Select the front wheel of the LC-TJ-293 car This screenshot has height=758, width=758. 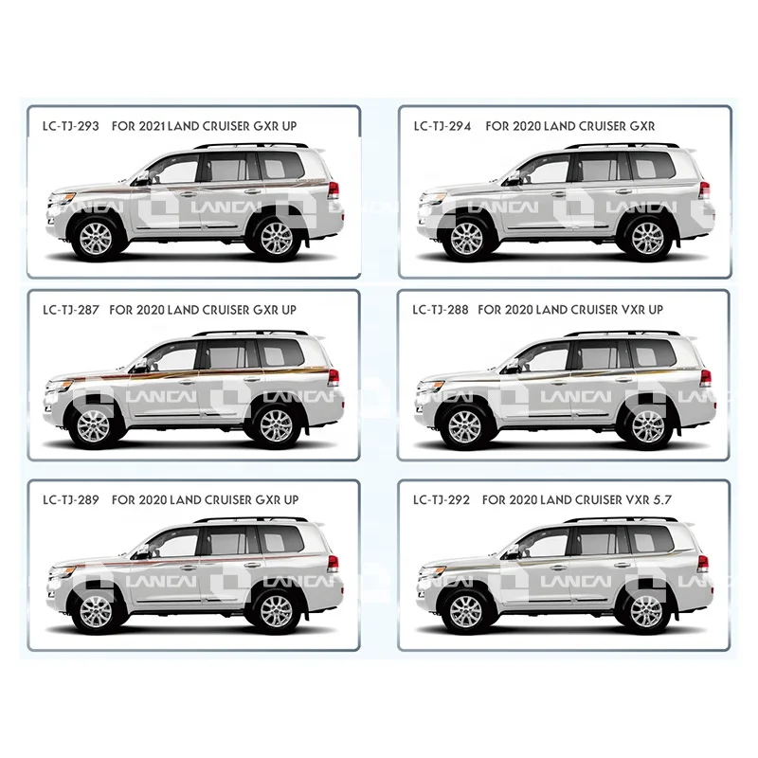point(96,237)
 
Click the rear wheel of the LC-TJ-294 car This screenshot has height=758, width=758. point(648,237)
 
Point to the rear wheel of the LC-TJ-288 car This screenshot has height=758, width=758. point(648,425)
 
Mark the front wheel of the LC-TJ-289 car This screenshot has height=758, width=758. point(96,611)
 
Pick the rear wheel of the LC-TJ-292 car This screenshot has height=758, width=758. point(648,611)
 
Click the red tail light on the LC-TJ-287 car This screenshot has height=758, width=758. point(334,378)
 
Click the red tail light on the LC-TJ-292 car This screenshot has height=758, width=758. point(703,563)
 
